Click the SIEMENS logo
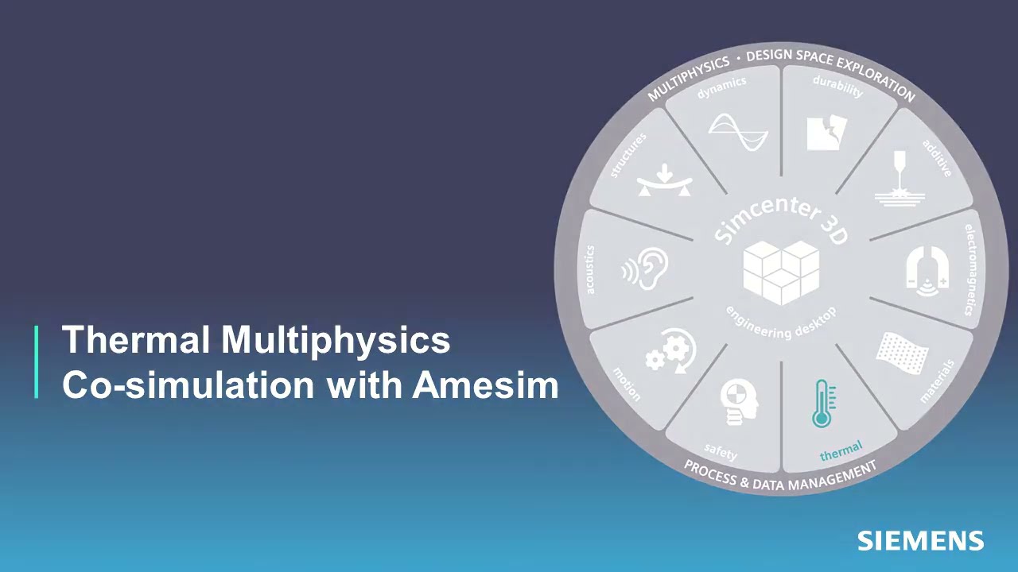pyautogui.click(x=920, y=541)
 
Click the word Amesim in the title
pyautogui.click(x=485, y=385)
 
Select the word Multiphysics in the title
pyautogui.click(x=336, y=341)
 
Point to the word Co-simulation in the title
pyautogui.click(x=188, y=385)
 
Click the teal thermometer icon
pyautogui.click(x=824, y=403)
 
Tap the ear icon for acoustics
pyautogui.click(x=645, y=269)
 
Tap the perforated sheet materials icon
pyautogui.click(x=902, y=353)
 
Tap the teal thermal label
pyautogui.click(x=841, y=452)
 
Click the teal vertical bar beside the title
pyautogui.click(x=37, y=361)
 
